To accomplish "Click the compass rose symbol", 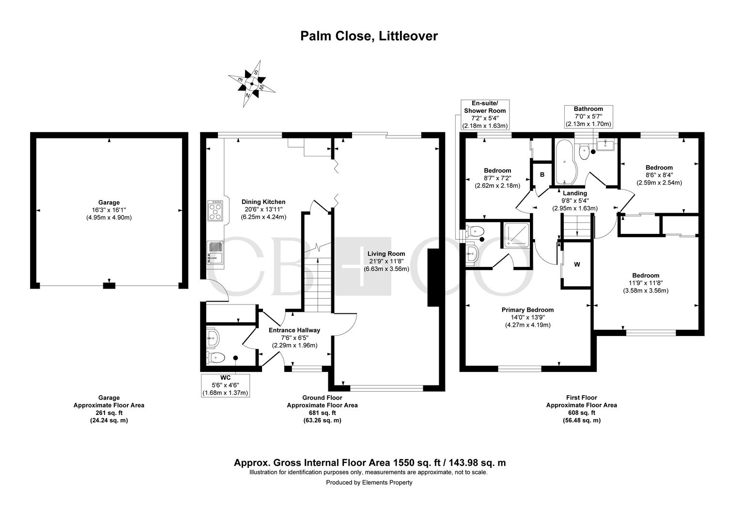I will [252, 84].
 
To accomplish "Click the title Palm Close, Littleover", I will [369, 36].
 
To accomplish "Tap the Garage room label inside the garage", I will [108, 210].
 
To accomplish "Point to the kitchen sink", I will [215, 254].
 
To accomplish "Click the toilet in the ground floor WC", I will [216, 358].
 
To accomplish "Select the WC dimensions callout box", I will [225, 385].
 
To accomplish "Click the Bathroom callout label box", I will [588, 116].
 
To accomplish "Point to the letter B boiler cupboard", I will [542, 174].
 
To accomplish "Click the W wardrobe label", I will [577, 264].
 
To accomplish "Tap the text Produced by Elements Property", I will [369, 482].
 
